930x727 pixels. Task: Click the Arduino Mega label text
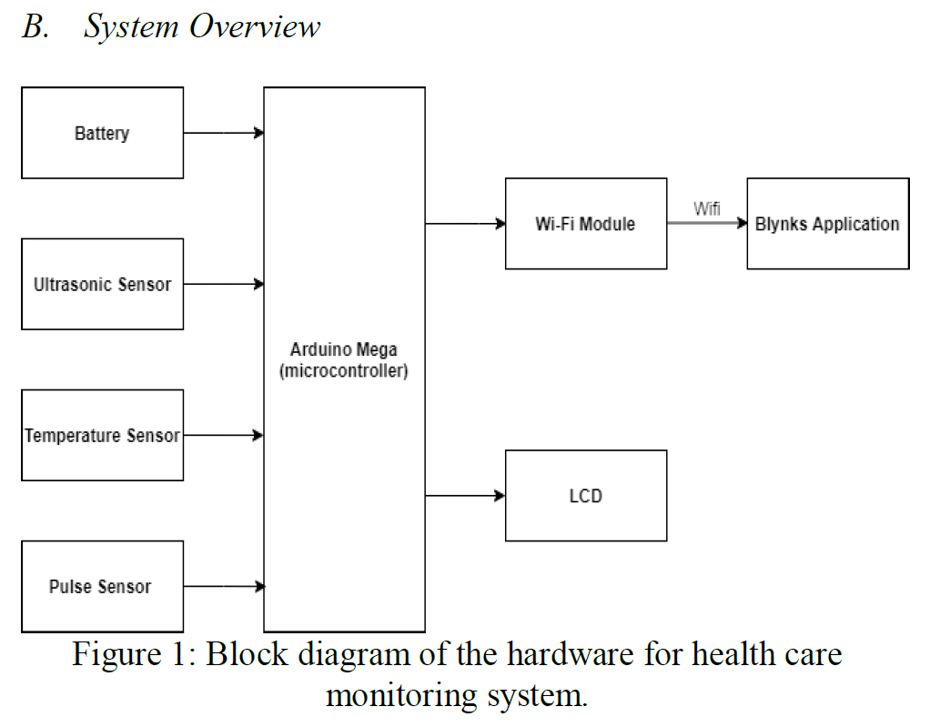(344, 350)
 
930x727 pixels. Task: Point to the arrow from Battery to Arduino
(223, 133)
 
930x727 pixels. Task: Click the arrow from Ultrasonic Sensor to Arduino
(223, 284)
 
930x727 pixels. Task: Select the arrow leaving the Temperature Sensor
(223, 435)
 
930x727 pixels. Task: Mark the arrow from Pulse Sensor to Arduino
(223, 586)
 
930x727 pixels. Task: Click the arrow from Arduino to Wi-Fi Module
(465, 223)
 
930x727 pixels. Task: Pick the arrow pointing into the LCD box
(465, 496)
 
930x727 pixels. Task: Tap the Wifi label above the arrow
(706, 208)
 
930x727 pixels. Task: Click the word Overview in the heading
(255, 27)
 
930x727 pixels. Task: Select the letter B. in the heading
(35, 27)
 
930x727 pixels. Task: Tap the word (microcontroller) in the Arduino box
(344, 371)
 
